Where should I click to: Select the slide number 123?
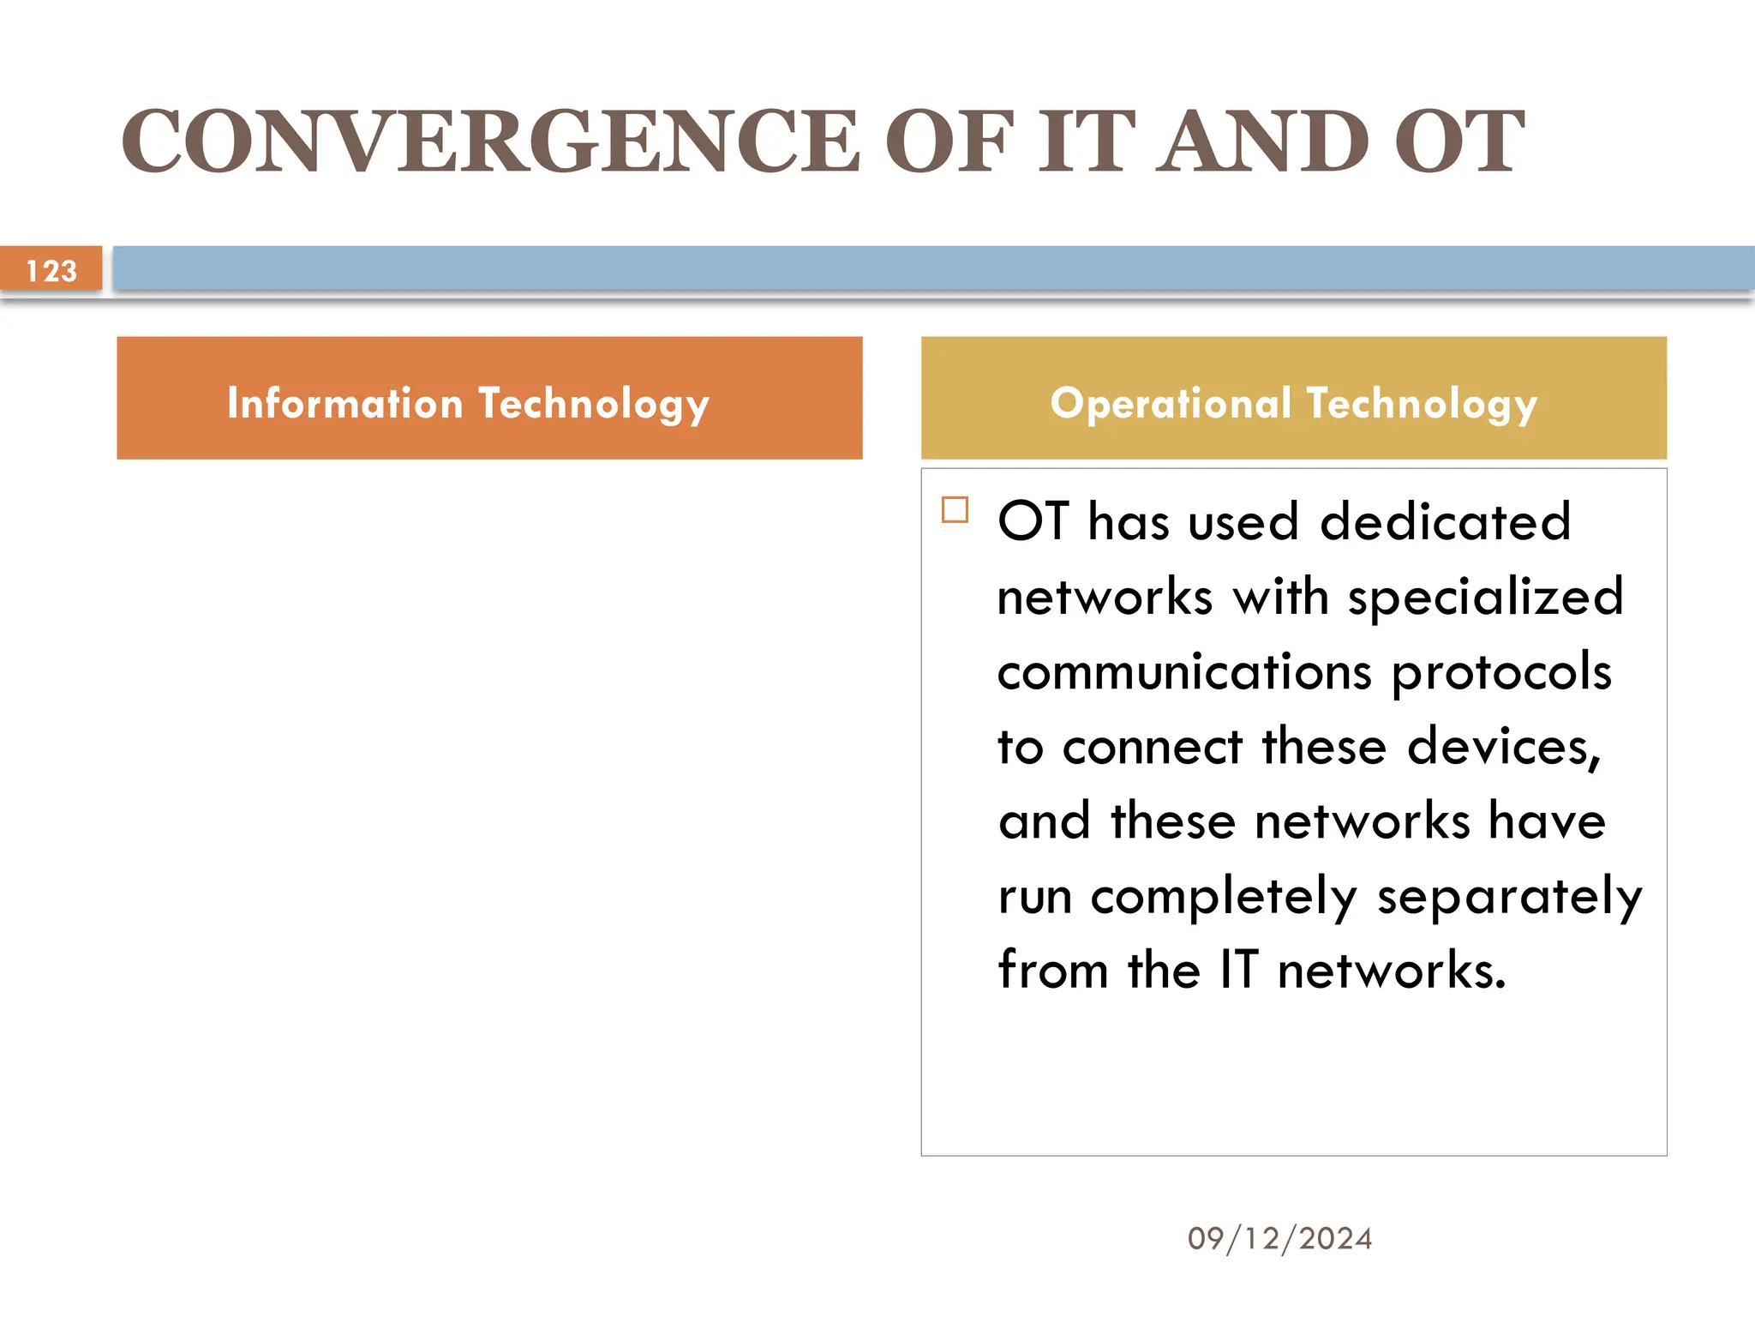click(51, 271)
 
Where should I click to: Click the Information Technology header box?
click(489, 398)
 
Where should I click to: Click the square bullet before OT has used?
click(955, 510)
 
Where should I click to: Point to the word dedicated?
click(1445, 521)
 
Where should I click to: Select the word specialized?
click(1485, 597)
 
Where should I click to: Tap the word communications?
click(1184, 671)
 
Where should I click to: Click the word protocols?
click(1501, 671)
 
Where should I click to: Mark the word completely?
click(1224, 897)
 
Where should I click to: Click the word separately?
click(1509, 897)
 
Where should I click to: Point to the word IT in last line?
click(1238, 971)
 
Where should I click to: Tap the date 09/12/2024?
click(1279, 1238)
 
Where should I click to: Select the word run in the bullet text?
click(1035, 897)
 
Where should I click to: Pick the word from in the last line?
click(1053, 971)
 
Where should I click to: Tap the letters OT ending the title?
click(1459, 141)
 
